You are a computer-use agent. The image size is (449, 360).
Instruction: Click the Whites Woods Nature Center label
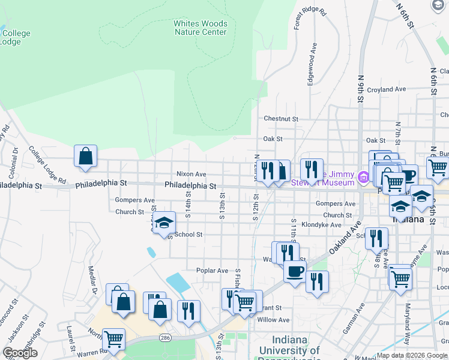coord(200,28)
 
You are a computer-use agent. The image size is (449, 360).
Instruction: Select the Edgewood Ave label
coord(311,63)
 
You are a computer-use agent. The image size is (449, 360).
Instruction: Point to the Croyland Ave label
coord(387,89)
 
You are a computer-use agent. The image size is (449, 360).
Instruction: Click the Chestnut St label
coord(280,119)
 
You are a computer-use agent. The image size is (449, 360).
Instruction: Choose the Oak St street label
coord(273,139)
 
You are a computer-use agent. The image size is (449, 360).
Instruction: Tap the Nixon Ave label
coord(191,174)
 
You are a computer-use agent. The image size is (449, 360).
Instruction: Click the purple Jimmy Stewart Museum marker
coord(363,178)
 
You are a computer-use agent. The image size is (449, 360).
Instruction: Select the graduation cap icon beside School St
coord(163,223)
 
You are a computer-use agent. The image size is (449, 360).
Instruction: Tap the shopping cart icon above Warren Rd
coord(113,340)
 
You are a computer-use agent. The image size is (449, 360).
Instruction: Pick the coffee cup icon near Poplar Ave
coord(295,271)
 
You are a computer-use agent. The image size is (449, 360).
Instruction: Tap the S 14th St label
coord(188,203)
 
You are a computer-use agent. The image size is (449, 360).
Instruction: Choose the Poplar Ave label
coord(212,271)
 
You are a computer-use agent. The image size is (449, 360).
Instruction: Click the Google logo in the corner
coord(20,353)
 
